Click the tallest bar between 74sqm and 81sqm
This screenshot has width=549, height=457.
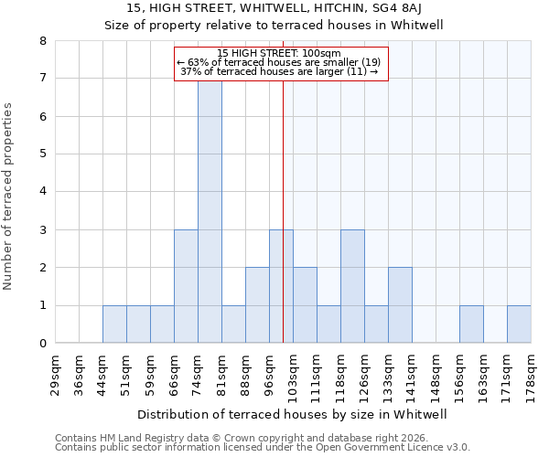coord(210,211)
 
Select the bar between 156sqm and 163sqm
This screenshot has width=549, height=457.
coord(471,324)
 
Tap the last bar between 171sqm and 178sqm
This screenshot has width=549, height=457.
coord(519,324)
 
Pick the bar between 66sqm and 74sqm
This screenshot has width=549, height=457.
coord(186,286)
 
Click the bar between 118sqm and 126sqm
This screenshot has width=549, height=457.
coord(352,286)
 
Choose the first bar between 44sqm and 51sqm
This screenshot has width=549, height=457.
coord(114,324)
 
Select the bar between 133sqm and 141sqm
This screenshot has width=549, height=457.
coord(400,305)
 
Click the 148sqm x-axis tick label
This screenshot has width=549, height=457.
coord(436,372)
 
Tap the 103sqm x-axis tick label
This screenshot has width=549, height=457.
coord(293,372)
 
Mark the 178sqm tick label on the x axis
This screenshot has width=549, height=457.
coord(531,372)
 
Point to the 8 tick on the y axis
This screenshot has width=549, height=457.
coord(42,41)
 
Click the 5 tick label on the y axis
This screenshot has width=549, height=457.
coord(42,154)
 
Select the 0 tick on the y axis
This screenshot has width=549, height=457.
coord(42,344)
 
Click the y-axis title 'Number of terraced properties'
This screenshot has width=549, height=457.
coord(9,196)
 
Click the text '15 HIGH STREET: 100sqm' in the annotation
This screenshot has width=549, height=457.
coord(280,53)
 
